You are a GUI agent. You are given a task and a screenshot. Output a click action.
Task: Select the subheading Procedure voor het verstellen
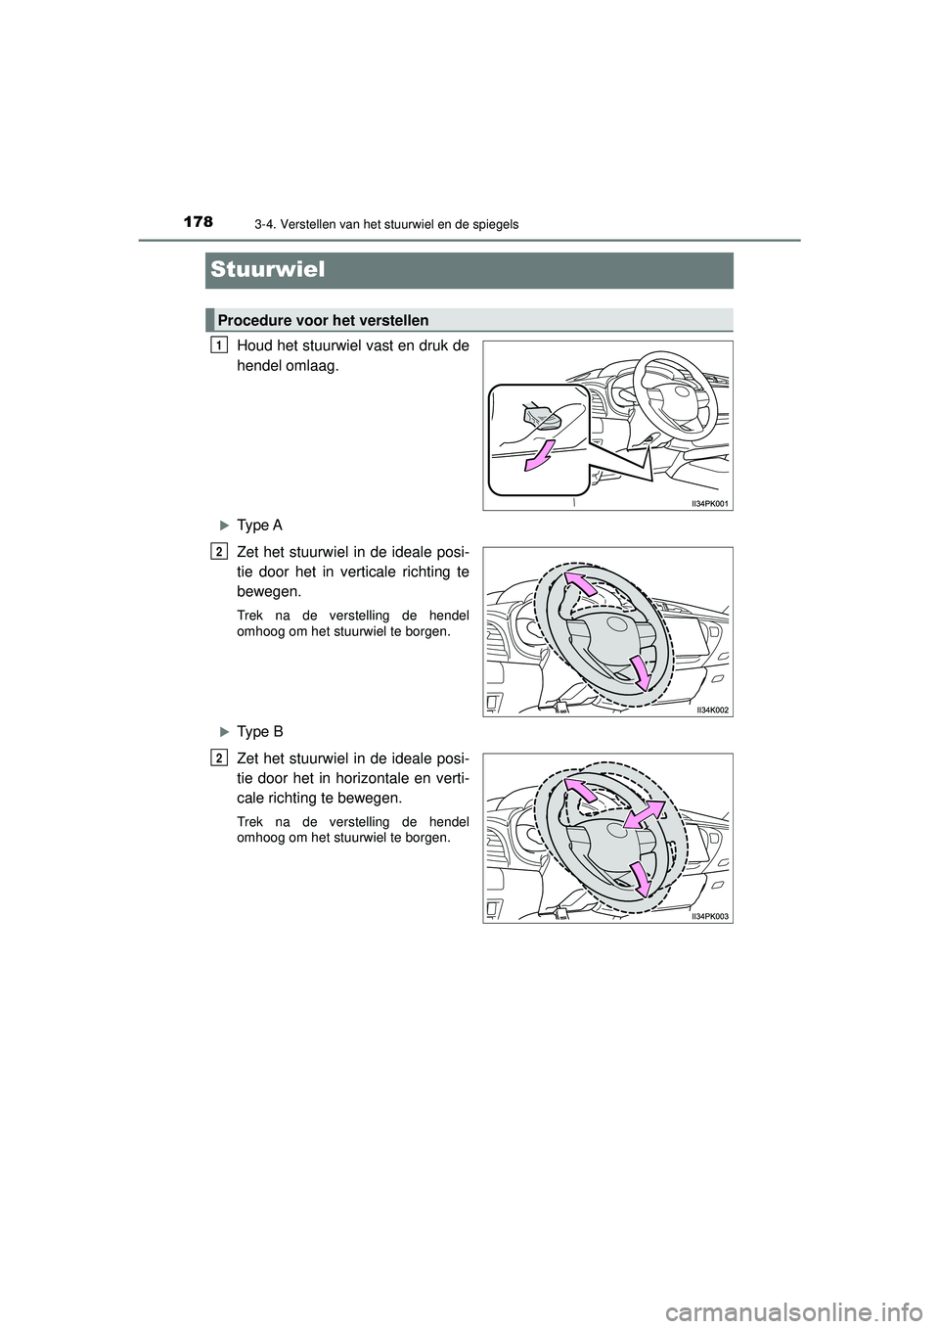(324, 320)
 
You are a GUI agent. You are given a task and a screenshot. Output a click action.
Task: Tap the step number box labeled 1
(217, 344)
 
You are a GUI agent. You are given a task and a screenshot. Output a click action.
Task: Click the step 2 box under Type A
(217, 551)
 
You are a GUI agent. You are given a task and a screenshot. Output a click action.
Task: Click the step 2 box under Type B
(217, 756)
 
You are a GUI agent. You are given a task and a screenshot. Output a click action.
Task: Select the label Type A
(260, 526)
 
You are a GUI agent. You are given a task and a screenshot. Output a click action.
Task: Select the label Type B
(260, 731)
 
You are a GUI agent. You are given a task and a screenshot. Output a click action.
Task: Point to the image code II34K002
(713, 710)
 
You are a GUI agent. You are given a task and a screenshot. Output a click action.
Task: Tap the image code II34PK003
(711, 915)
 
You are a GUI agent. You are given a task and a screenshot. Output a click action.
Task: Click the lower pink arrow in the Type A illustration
(641, 673)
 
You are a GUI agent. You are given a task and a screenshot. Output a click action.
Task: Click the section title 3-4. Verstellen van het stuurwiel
(381, 225)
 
